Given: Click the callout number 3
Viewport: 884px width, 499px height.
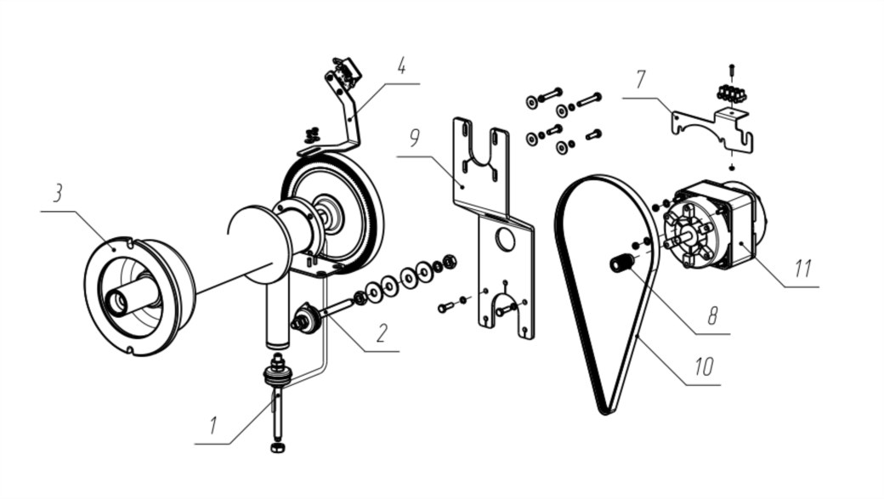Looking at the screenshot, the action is coord(58,193).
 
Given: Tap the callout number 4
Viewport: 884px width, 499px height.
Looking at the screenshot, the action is coord(401,65).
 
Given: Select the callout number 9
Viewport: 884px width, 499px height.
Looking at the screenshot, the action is coord(415,138).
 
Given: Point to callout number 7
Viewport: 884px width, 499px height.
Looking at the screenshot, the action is coord(640,80).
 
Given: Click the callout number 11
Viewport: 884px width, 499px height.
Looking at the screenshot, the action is coord(802,269).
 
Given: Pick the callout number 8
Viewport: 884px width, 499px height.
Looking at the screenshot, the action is coord(712,315).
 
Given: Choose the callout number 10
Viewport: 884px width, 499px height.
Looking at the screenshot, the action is coord(704,366).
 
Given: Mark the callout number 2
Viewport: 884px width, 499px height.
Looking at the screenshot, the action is coord(382,332).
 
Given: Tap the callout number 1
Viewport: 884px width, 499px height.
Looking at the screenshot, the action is coord(212,425).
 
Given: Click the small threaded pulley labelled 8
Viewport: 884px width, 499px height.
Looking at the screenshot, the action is coord(620,263).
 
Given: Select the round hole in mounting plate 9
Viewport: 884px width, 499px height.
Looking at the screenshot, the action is coord(505,240).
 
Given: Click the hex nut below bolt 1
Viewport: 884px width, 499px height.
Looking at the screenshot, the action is coord(277,448).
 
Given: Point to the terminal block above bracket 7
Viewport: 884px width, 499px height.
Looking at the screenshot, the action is coord(731,93).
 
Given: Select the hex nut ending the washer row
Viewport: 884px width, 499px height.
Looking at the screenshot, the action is coord(450,261).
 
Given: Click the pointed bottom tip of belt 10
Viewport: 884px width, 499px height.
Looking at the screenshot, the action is coord(605,411).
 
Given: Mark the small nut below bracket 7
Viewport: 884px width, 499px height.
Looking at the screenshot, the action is coord(731,167).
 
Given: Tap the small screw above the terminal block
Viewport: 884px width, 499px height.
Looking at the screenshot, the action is coord(731,70).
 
